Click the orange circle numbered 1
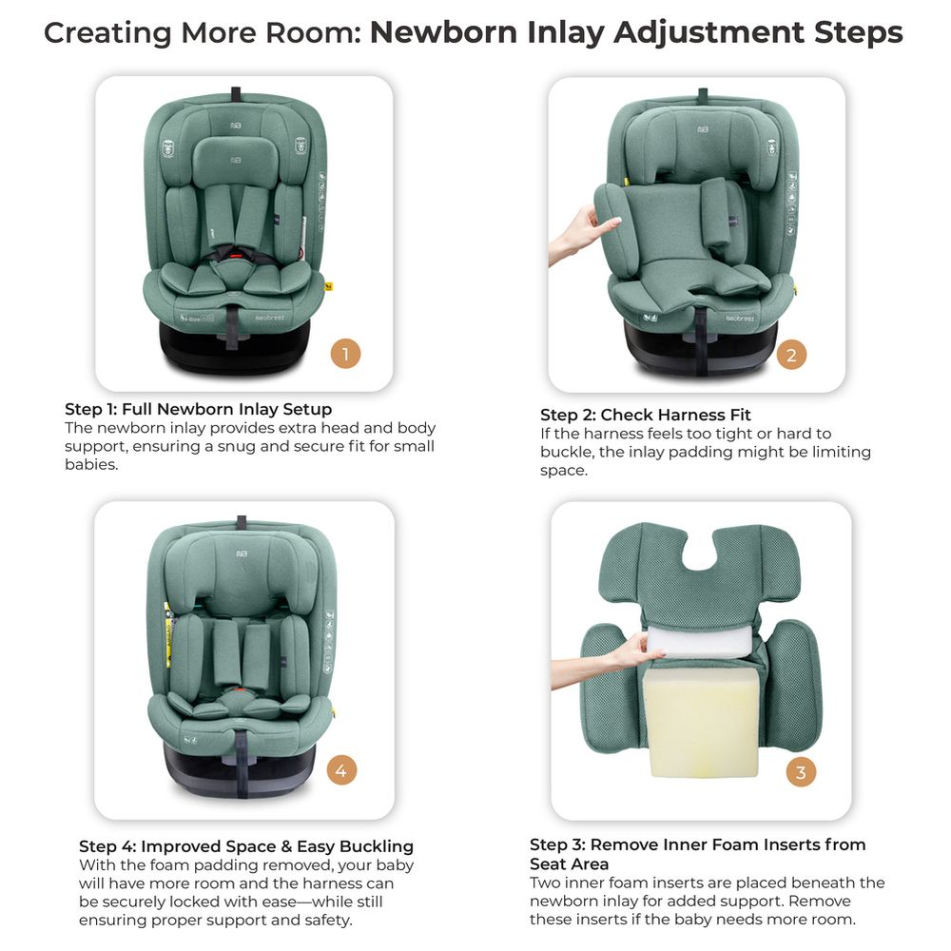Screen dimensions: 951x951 click(345, 354)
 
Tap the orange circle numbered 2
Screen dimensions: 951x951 click(791, 355)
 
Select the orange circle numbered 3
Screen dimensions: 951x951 click(801, 772)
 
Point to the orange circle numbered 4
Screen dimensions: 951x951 click(341, 770)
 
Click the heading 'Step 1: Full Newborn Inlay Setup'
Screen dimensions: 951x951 click(199, 409)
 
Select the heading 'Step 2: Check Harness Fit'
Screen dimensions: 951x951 click(646, 415)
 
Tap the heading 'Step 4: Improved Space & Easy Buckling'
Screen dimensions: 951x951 click(246, 846)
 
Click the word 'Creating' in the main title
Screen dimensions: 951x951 click(107, 32)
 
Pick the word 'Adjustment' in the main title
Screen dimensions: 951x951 click(708, 32)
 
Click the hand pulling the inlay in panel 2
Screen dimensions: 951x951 click(579, 234)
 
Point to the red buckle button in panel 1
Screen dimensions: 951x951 click(236, 256)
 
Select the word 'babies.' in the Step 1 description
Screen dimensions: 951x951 click(91, 465)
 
